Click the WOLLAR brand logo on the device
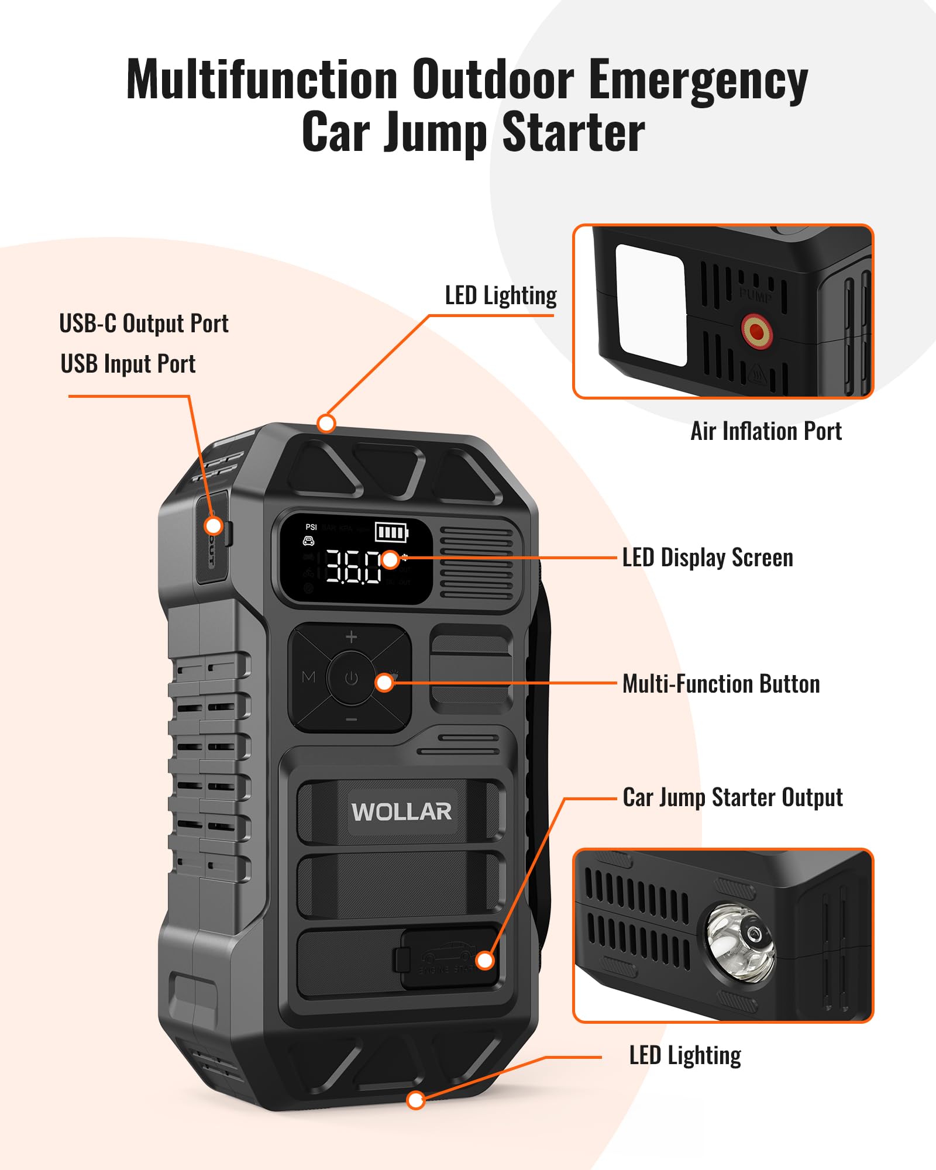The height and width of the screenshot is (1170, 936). click(401, 811)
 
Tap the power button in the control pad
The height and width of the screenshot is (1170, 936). click(351, 679)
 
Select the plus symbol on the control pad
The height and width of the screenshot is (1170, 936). click(351, 637)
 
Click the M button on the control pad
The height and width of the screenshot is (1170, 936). click(308, 677)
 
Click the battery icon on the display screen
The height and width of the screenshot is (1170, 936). click(391, 532)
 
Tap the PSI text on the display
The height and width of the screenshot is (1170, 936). click(311, 527)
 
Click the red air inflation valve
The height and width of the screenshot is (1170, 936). click(756, 331)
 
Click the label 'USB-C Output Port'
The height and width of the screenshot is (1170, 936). click(143, 324)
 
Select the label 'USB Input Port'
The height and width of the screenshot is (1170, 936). click(128, 364)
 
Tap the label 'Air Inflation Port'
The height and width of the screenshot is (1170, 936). click(766, 431)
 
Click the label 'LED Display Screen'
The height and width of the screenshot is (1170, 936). click(707, 558)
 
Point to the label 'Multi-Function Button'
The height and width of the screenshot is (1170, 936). click(721, 684)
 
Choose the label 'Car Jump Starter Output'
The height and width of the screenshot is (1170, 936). click(732, 797)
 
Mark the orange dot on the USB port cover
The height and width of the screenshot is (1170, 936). click(214, 525)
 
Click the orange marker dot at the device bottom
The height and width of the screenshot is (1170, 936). click(415, 1100)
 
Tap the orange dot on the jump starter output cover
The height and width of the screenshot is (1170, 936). click(484, 960)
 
